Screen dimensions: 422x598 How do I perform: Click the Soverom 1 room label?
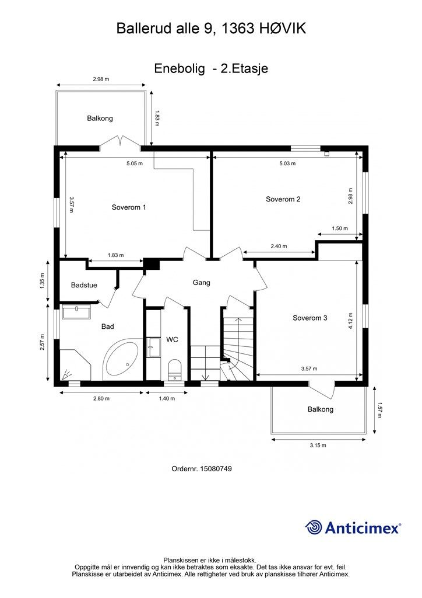tap(129, 207)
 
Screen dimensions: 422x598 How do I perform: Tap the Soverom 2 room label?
tap(283, 199)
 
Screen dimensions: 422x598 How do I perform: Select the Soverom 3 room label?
tap(310, 318)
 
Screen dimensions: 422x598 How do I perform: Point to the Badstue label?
tap(84, 285)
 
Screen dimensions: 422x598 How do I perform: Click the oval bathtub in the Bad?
tap(122, 359)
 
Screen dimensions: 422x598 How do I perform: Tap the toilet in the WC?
tap(175, 368)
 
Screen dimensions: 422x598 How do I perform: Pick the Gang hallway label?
tap(201, 283)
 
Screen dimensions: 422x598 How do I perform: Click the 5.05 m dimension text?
tap(135, 164)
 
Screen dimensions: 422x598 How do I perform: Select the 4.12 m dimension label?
tap(350, 321)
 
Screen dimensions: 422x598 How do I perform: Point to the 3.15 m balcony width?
tap(318, 445)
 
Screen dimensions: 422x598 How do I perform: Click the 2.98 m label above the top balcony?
tap(101, 79)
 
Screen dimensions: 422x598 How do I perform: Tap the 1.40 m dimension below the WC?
tap(167, 398)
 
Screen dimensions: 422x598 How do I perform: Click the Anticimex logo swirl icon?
tap(314, 527)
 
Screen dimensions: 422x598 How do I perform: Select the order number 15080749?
tap(215, 468)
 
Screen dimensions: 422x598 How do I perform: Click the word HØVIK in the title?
tap(283, 29)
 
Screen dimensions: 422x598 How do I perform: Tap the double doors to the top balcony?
tap(121, 141)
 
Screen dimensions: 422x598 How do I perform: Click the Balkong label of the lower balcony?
tap(321, 409)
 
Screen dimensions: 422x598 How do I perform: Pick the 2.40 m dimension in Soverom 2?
tap(279, 246)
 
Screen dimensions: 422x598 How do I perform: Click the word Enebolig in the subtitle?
tap(180, 69)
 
